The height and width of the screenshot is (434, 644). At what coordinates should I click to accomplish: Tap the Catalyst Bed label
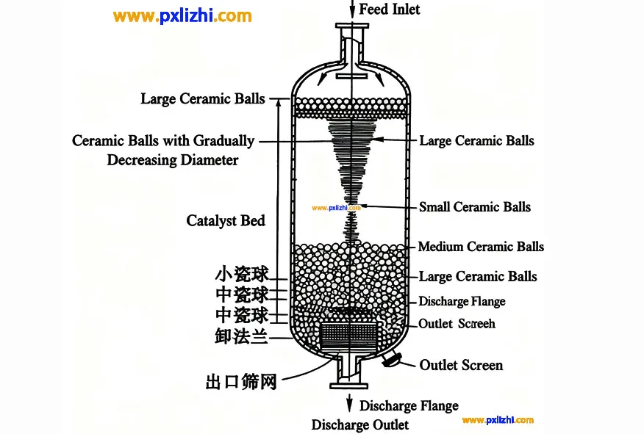pyautogui.click(x=226, y=220)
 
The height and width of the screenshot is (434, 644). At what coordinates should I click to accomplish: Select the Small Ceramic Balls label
pyautogui.click(x=474, y=207)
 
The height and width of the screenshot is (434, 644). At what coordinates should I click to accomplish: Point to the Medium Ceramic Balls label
pyautogui.click(x=481, y=247)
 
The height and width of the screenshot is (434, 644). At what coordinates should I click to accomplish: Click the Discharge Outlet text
pyautogui.click(x=359, y=425)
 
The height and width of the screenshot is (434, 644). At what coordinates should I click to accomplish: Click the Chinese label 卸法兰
pyautogui.click(x=240, y=337)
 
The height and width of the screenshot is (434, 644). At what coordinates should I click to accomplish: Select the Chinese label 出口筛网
pyautogui.click(x=241, y=382)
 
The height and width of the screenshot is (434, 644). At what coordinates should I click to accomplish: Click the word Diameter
pyautogui.click(x=204, y=159)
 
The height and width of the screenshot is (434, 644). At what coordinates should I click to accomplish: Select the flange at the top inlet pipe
pyautogui.click(x=351, y=27)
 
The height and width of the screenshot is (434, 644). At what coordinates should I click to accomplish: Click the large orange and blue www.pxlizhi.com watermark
pyautogui.click(x=183, y=16)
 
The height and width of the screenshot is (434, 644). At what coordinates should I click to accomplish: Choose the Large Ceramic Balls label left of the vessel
pyautogui.click(x=203, y=98)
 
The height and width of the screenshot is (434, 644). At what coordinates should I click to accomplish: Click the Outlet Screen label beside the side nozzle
pyautogui.click(x=461, y=365)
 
